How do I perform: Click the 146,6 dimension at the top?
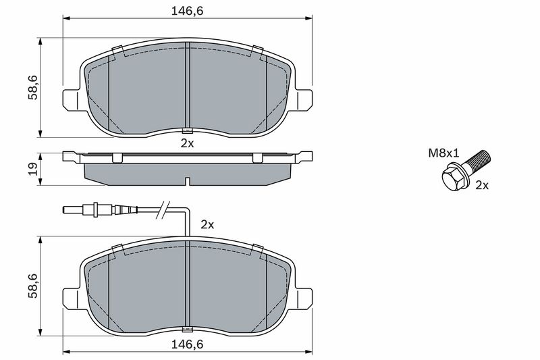pyautogui.click(x=188, y=11)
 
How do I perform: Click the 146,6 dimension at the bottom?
pyautogui.click(x=188, y=344)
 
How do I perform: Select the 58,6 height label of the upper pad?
pyautogui.click(x=33, y=88)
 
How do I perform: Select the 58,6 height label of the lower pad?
pyautogui.click(x=33, y=286)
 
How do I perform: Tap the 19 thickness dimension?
pyautogui.click(x=33, y=169)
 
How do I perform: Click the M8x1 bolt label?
pyautogui.click(x=443, y=153)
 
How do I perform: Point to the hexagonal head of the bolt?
pyautogui.click(x=452, y=178)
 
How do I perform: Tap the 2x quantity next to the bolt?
pyautogui.click(x=482, y=185)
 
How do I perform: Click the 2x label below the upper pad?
pyautogui.click(x=188, y=143)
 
